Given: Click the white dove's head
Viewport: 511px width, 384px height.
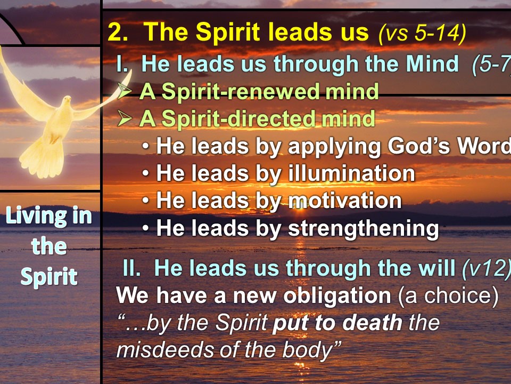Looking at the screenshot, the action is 67,101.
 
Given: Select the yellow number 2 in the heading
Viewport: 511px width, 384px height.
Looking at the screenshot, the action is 117,33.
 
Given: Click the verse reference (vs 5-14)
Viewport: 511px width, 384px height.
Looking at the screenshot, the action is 422,33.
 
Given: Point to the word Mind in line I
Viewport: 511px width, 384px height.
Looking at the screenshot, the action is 432,63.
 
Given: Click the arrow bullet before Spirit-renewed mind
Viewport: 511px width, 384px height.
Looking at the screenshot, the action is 125,91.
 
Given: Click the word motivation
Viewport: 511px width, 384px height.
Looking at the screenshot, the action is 345,200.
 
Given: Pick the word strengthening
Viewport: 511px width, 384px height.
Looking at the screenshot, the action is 364,229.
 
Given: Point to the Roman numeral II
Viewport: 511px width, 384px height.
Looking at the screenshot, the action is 131,268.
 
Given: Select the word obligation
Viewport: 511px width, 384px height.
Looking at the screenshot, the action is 337,296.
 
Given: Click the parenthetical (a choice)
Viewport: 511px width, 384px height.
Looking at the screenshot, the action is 448,296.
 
